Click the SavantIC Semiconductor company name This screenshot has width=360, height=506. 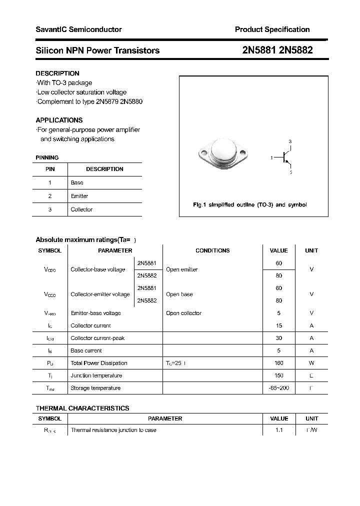click(x=78, y=30)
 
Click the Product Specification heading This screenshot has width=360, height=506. click(x=272, y=30)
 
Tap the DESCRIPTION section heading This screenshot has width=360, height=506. click(x=57, y=73)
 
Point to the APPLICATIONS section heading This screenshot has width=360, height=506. click(x=59, y=120)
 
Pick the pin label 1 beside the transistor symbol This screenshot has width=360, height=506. click(x=272, y=158)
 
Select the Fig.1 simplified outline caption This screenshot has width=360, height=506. click(x=250, y=205)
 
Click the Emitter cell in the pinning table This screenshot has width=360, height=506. click(x=79, y=196)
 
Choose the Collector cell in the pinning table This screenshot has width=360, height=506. click(x=81, y=210)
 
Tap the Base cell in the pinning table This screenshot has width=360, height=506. click(x=77, y=183)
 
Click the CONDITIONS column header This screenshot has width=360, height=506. click(x=212, y=251)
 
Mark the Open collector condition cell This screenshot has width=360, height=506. click(x=183, y=313)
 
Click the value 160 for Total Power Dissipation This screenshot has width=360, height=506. click(x=278, y=363)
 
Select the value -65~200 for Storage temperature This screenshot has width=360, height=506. click(x=278, y=388)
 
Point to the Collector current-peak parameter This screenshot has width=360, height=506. click(x=97, y=338)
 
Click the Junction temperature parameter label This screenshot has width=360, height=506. click(x=96, y=376)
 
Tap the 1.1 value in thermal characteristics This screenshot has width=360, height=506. click(x=278, y=430)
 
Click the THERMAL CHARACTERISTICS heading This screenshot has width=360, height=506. click(x=82, y=408)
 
